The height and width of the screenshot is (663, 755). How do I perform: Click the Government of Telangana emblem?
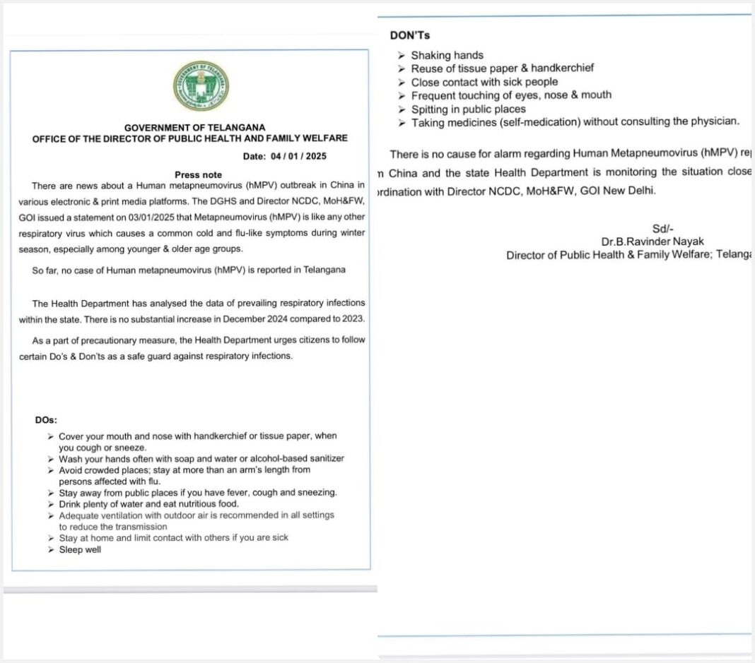(x=201, y=85)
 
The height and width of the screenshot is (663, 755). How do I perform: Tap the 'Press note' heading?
(x=198, y=174)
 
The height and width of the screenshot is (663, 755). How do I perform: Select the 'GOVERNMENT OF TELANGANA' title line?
(x=190, y=127)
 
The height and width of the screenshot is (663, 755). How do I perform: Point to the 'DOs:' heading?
(x=46, y=420)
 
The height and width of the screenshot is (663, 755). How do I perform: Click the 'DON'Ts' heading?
(x=410, y=35)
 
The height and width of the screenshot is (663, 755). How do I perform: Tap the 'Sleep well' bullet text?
(x=80, y=549)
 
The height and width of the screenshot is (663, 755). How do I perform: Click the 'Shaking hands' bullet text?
(x=447, y=55)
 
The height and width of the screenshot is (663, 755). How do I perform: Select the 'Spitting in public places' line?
(x=468, y=109)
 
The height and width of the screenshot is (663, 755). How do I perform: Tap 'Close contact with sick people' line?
(x=484, y=82)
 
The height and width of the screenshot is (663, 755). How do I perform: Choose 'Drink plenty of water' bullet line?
(x=148, y=503)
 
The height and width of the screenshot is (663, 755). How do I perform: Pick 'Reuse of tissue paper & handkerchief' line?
(x=502, y=68)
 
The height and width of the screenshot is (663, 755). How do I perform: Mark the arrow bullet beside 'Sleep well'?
(x=51, y=549)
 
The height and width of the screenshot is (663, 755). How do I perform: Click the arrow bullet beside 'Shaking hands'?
(x=402, y=55)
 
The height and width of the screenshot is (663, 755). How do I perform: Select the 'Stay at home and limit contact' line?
(x=173, y=537)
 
